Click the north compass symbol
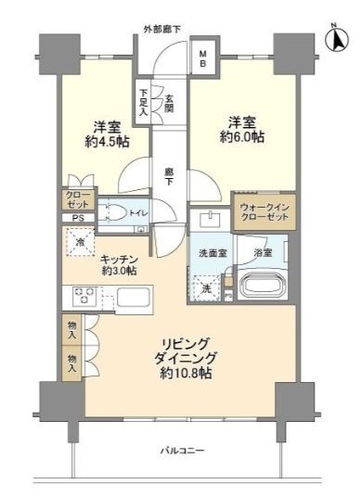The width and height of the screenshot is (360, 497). (334, 38)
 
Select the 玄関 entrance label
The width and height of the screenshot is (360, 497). (169, 101)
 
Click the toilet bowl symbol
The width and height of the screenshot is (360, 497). (118, 211)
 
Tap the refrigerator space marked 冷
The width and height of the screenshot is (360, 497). (80, 244)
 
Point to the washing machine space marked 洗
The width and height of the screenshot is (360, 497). (207, 287)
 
